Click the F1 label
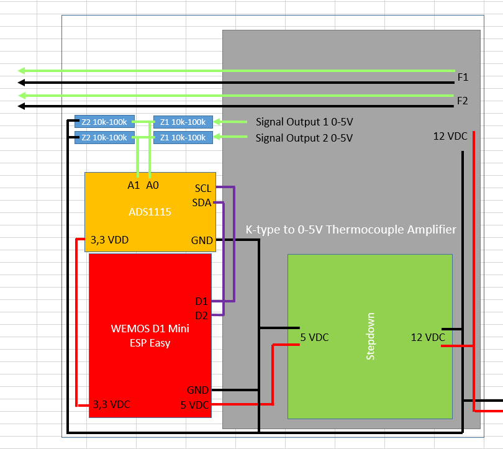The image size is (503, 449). [463, 78]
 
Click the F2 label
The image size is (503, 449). [463, 101]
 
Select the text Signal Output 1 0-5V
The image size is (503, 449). [304, 122]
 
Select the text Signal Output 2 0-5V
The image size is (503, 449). [304, 138]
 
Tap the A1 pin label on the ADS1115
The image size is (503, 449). [134, 185]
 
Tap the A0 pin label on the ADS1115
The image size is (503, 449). [153, 185]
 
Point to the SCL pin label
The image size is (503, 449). [203, 188]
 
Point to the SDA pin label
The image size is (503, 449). [202, 203]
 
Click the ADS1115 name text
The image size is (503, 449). [150, 212]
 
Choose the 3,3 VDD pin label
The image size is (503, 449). [109, 239]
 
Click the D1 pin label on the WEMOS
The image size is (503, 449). [201, 301]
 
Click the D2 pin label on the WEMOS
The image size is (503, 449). [201, 315]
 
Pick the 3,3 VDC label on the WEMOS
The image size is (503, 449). [111, 404]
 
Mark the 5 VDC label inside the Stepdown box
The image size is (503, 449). [314, 337]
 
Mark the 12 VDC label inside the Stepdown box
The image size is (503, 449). [428, 337]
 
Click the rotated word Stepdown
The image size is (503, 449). [370, 336]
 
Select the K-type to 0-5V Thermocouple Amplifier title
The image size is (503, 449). [351, 230]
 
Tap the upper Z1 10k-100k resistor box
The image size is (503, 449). [183, 122]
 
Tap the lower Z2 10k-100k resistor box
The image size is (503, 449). [104, 138]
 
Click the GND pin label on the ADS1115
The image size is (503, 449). [202, 241]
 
